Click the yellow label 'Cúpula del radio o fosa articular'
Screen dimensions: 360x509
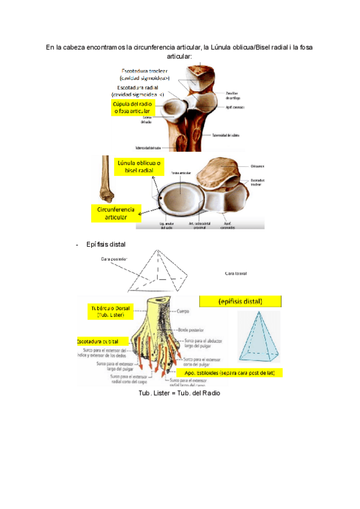[134, 108]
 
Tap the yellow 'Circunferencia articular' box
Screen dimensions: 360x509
[116, 213]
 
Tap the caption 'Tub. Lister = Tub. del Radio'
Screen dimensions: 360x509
[180, 393]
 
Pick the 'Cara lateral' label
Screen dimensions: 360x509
[236, 273]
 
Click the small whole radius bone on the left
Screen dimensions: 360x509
[106, 180]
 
